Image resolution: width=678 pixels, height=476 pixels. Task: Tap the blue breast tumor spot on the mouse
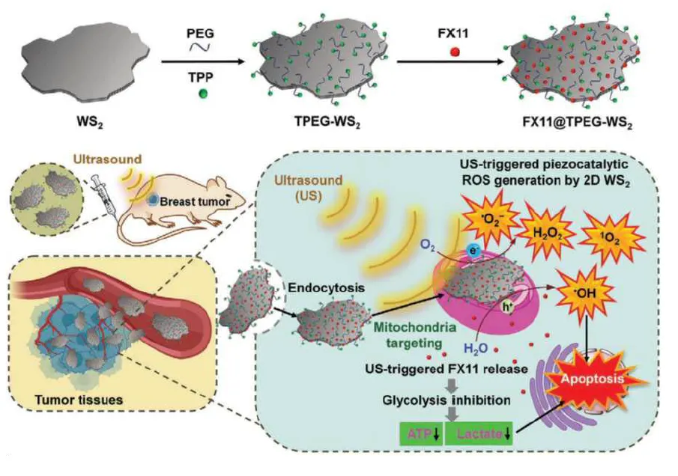(x=153, y=201)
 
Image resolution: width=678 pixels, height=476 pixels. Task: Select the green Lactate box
(x=481, y=435)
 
